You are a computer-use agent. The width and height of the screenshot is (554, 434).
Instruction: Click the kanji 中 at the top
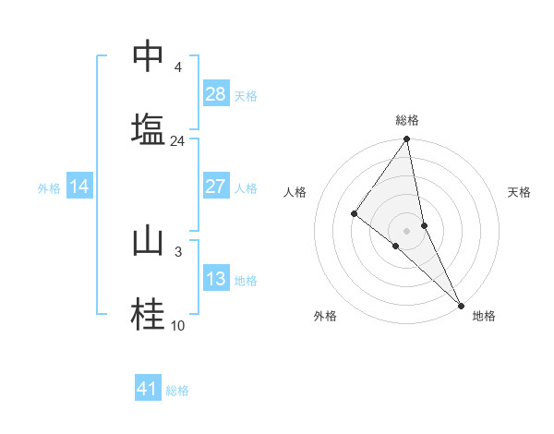click(x=148, y=56)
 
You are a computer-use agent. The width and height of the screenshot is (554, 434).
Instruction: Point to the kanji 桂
click(x=148, y=314)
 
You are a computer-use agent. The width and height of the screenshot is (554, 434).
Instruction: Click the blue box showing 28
click(x=216, y=93)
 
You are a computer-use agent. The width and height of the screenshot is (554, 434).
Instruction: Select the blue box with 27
click(x=216, y=187)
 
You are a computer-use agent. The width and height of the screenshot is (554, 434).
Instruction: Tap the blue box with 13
click(x=216, y=279)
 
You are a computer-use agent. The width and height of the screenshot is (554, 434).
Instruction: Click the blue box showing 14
click(x=79, y=187)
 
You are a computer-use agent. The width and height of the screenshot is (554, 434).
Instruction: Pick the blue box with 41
click(x=148, y=389)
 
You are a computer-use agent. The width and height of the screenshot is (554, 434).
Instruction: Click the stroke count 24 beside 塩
click(x=177, y=141)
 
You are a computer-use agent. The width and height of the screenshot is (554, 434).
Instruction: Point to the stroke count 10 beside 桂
click(x=177, y=325)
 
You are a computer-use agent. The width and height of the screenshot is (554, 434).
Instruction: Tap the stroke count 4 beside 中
click(x=177, y=67)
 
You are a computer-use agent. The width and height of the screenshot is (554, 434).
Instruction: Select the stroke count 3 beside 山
click(x=177, y=251)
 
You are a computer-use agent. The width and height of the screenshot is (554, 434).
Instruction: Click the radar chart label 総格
click(x=407, y=121)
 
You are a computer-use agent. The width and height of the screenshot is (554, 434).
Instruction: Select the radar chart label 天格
click(x=519, y=192)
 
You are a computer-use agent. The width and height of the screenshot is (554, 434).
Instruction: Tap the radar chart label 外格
click(x=325, y=316)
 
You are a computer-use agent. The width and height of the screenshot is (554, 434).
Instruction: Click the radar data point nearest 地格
click(x=461, y=304)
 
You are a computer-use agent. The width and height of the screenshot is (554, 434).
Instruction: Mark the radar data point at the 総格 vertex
click(x=407, y=139)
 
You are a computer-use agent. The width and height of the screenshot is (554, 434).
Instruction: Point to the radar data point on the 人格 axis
click(x=354, y=213)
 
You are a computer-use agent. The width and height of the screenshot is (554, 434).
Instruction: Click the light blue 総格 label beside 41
click(x=177, y=391)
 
